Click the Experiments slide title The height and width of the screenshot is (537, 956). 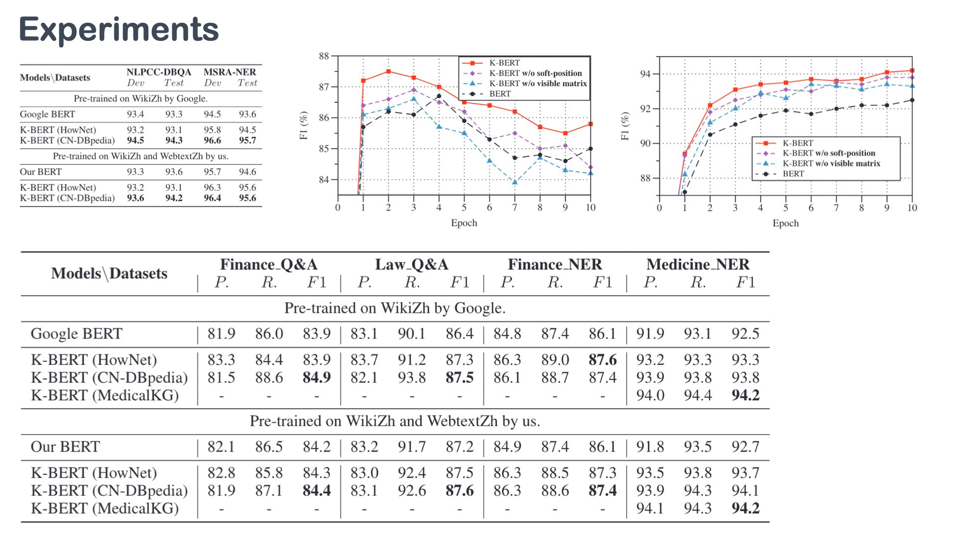point(119,29)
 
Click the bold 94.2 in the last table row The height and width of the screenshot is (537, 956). point(745,508)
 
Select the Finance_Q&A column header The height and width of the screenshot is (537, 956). point(268,264)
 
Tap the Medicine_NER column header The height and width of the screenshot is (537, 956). point(698,264)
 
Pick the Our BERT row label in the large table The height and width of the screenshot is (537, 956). point(65,447)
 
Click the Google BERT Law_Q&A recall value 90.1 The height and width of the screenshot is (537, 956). point(411,334)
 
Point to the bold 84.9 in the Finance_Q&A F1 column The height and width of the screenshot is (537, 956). point(317,377)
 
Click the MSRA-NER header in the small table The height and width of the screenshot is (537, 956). point(230,72)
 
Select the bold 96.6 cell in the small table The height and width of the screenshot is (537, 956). point(212,140)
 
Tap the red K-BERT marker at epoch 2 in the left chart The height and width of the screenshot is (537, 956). point(388,72)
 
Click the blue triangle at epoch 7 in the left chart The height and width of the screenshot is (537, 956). point(515,182)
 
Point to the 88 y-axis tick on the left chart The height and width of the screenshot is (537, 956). point(324,56)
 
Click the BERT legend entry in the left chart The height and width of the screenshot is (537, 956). point(500,93)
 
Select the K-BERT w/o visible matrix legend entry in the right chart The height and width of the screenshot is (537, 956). point(831,163)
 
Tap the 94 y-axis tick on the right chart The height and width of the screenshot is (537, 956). point(645,74)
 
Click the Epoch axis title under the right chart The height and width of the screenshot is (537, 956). point(785,223)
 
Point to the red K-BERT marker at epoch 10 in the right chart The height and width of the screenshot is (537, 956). point(912,71)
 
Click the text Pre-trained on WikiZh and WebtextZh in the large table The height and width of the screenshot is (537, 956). point(394,421)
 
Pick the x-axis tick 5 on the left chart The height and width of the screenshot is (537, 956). point(464,207)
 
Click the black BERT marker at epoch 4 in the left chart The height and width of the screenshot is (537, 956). point(439,96)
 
